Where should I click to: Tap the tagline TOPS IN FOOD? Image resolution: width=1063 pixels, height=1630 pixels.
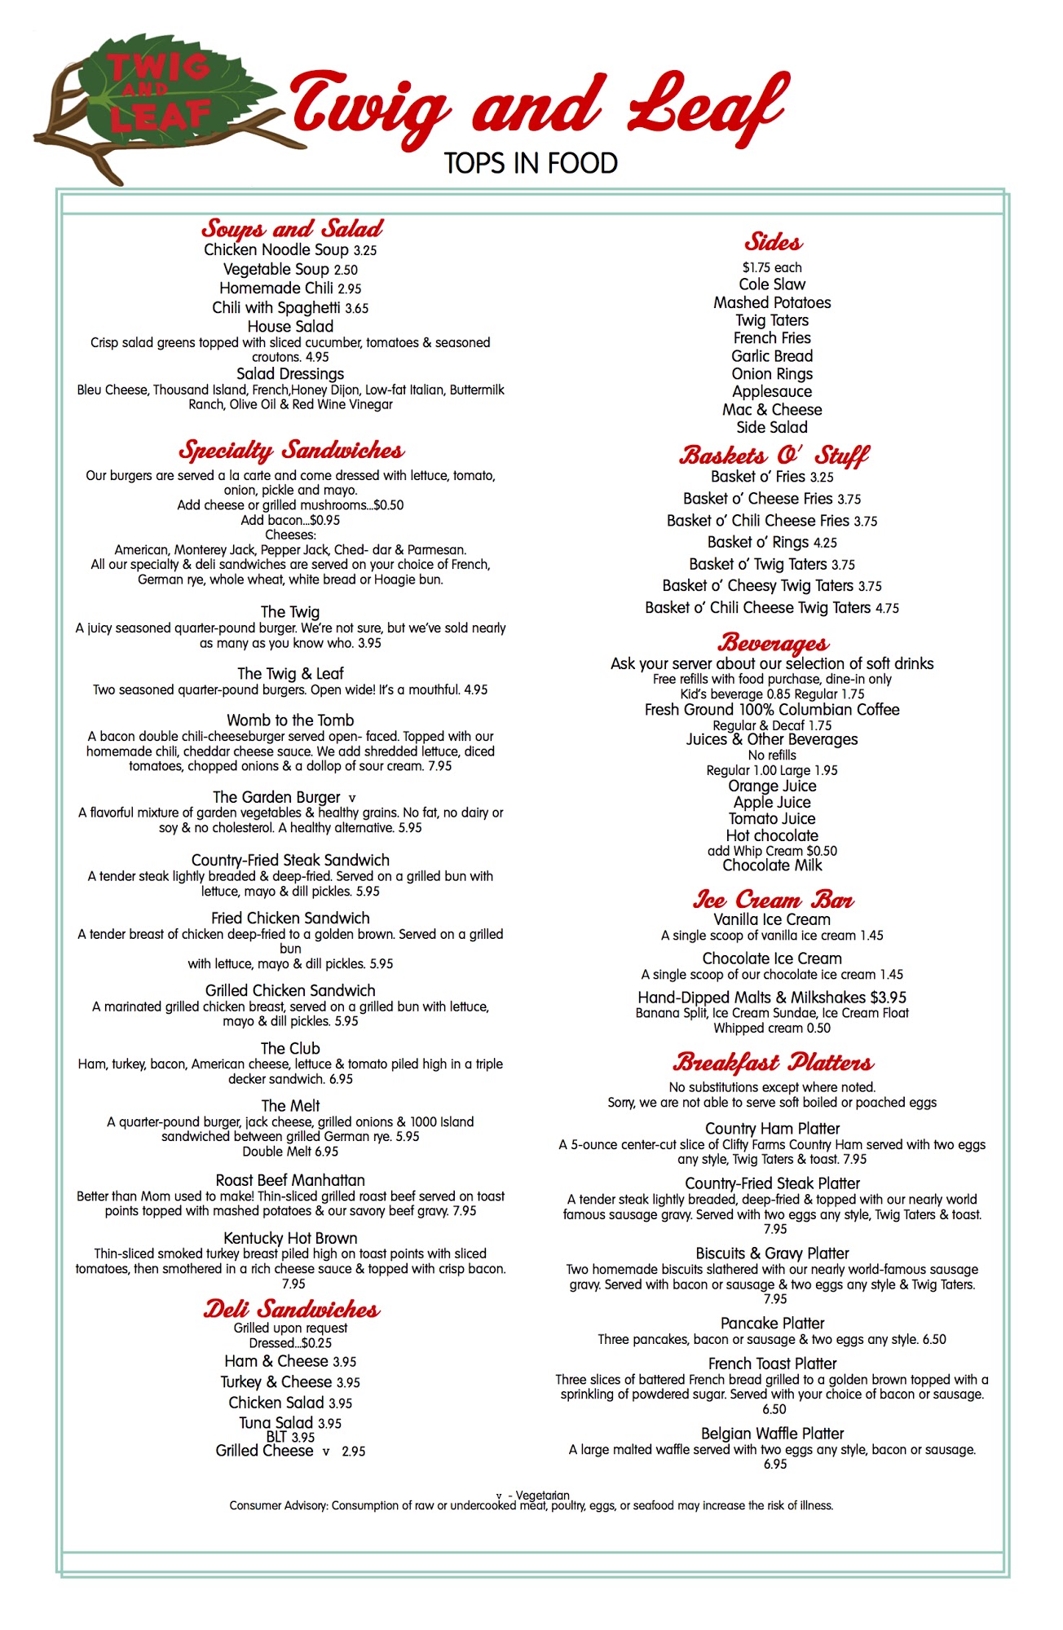click(x=531, y=163)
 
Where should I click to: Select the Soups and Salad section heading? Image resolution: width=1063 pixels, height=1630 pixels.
click(x=292, y=228)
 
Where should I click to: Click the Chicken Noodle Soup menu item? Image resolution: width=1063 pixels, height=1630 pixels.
click(x=276, y=250)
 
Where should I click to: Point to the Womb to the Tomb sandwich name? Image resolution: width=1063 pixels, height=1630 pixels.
click(x=290, y=720)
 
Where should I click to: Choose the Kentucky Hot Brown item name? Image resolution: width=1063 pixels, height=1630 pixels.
click(x=290, y=1238)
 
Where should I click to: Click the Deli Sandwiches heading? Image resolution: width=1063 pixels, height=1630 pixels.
click(x=291, y=1310)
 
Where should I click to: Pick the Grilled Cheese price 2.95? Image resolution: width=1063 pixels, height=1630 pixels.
click(x=354, y=1452)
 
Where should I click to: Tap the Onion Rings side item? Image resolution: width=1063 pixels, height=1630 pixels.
click(x=772, y=374)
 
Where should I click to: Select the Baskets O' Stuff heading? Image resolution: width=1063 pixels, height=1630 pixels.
click(x=774, y=455)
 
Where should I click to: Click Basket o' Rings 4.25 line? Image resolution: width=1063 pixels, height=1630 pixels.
click(x=772, y=542)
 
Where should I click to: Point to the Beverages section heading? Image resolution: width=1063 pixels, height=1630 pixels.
click(x=773, y=643)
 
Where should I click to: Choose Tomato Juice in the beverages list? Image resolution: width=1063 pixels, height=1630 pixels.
click(x=772, y=819)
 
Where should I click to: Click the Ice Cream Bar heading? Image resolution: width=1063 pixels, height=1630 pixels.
click(x=773, y=900)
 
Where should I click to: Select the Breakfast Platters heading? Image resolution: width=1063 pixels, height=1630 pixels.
click(x=773, y=1063)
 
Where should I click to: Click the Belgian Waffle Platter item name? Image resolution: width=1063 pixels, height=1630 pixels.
click(x=772, y=1434)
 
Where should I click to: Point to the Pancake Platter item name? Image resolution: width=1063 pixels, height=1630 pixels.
click(x=772, y=1324)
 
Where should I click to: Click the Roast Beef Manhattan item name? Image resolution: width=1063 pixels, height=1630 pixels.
click(x=290, y=1180)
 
